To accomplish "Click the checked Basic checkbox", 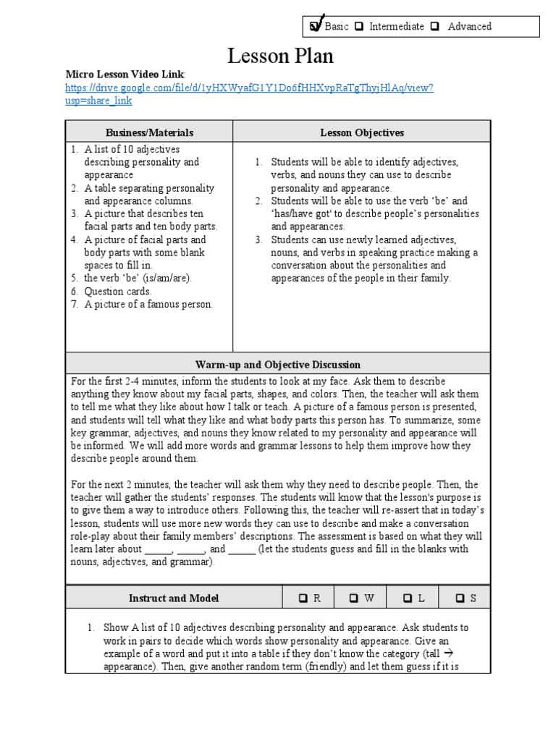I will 316,27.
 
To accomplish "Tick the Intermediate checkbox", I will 363,27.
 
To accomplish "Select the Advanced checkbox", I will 435,27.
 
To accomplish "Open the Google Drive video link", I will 249,88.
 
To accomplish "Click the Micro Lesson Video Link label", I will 125,75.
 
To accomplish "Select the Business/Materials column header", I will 150,132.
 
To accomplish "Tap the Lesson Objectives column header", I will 362,132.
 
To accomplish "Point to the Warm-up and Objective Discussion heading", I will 278,365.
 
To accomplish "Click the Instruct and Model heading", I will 174,598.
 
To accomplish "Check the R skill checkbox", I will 303,598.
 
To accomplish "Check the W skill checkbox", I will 354,598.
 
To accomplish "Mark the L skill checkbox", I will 408,598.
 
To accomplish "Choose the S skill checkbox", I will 460,598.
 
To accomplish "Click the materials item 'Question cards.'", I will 118,292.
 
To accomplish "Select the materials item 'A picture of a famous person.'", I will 148,305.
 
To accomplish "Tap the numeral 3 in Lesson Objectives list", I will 258,240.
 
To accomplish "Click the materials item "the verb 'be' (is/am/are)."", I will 138,279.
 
